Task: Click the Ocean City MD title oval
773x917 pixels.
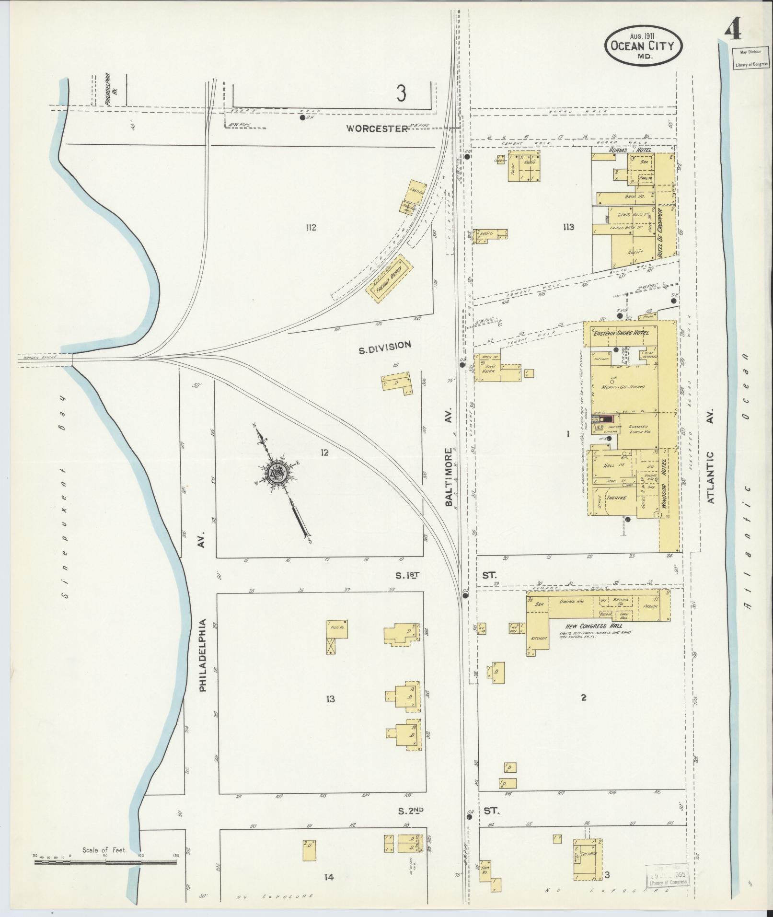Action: point(643,46)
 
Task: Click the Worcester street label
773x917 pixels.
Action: point(377,128)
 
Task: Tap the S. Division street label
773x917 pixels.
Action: point(385,345)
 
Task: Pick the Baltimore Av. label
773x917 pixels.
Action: point(449,477)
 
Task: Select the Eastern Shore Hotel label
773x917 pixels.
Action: point(621,333)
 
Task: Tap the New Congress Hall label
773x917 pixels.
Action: point(592,626)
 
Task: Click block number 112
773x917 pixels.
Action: point(311,228)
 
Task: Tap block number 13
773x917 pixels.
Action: point(330,699)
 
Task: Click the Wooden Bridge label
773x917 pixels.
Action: point(45,358)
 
